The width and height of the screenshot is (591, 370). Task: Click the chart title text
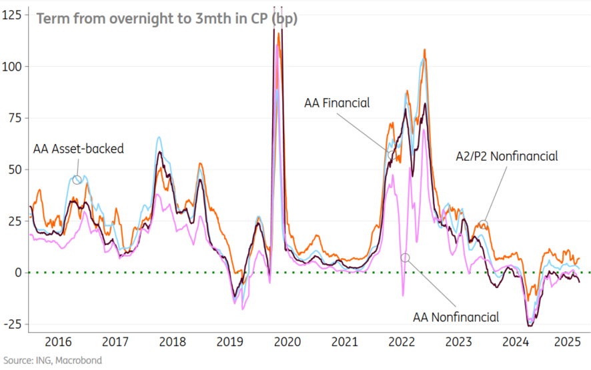coord(167,19)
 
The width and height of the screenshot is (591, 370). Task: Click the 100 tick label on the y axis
coord(12,67)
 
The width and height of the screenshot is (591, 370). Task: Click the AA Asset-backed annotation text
coord(79,149)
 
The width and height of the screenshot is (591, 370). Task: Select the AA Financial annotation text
coord(337,103)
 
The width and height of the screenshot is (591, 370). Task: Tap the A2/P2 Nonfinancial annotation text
coord(506,156)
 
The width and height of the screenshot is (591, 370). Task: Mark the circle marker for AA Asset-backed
coord(77,179)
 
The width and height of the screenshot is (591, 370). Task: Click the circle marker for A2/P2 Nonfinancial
coord(484,225)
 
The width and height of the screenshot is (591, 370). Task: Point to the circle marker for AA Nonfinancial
coord(405,257)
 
